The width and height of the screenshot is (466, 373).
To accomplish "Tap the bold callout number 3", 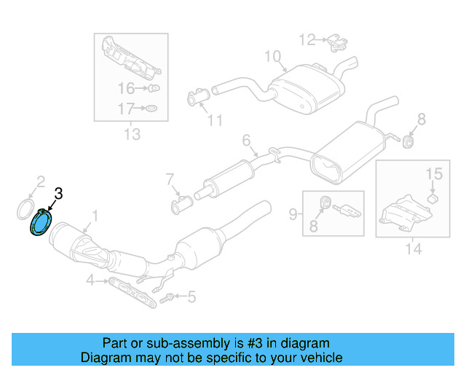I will point(58,193).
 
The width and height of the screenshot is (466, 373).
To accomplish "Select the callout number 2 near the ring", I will point(41,181).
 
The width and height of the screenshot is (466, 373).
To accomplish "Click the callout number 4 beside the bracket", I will point(90,280).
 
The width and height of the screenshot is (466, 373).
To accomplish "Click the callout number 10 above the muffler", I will point(272,56).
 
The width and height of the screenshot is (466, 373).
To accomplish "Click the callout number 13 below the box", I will point(131,134).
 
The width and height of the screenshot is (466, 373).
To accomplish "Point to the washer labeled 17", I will point(151,109).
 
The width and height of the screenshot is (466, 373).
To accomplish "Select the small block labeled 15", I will point(431,197).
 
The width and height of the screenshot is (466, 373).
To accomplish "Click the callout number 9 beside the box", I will point(293,213).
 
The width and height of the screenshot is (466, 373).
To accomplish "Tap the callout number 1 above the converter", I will point(93,216).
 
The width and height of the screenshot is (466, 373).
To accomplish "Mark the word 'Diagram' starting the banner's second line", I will point(105,358).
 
